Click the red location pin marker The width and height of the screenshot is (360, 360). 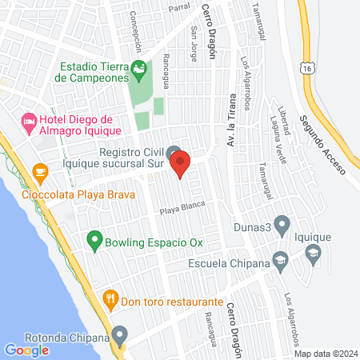[x=181, y=162]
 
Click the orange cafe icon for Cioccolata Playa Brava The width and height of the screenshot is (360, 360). [x=39, y=171]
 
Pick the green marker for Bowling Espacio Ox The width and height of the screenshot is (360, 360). [x=94, y=240]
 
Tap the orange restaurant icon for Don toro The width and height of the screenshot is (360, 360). [x=111, y=302]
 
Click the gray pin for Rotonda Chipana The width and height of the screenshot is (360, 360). [x=120, y=334]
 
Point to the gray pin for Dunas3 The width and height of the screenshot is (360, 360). [x=282, y=226]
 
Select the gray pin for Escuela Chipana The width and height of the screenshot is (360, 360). [x=280, y=259]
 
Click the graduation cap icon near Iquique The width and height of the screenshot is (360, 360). [x=313, y=254]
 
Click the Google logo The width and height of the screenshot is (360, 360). [x=26, y=350]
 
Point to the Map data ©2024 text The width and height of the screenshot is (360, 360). [x=325, y=354]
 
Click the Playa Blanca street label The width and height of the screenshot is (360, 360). [x=183, y=210]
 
